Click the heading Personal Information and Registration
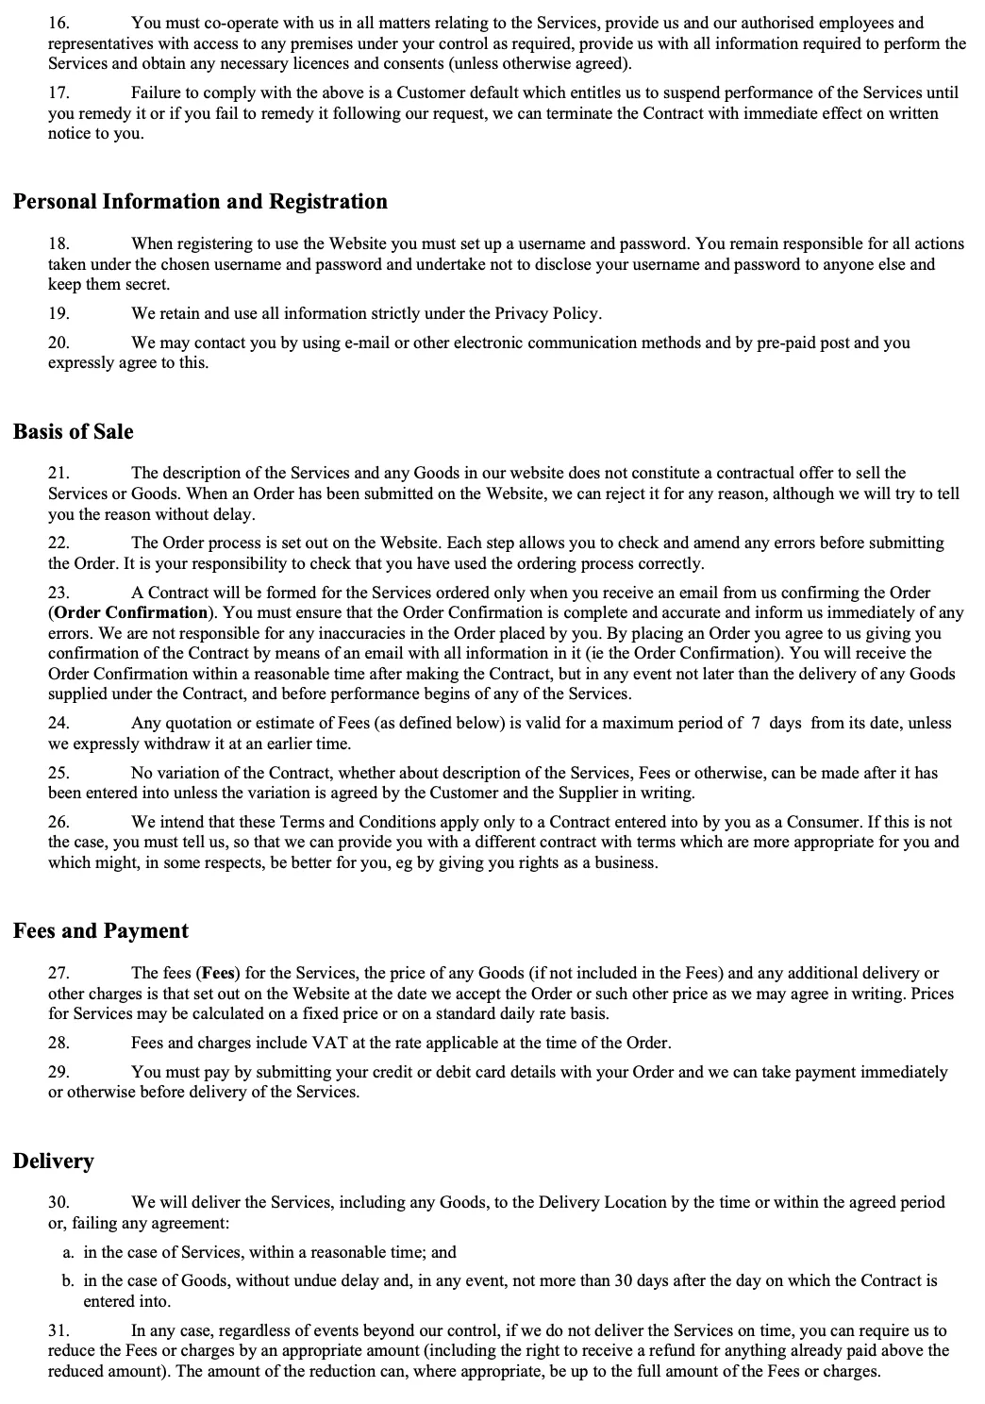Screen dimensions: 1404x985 [200, 202]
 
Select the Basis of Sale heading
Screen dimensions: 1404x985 [74, 432]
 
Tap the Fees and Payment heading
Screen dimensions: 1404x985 [101, 931]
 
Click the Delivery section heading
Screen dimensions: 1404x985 [54, 1162]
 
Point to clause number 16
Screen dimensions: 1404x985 [58, 23]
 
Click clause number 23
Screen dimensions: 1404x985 [58, 593]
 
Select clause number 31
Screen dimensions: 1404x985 [58, 1330]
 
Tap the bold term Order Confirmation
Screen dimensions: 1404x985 [131, 612]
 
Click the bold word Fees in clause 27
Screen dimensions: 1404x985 [218, 973]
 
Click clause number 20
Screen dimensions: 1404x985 [58, 343]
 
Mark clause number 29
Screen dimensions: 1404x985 [58, 1072]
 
